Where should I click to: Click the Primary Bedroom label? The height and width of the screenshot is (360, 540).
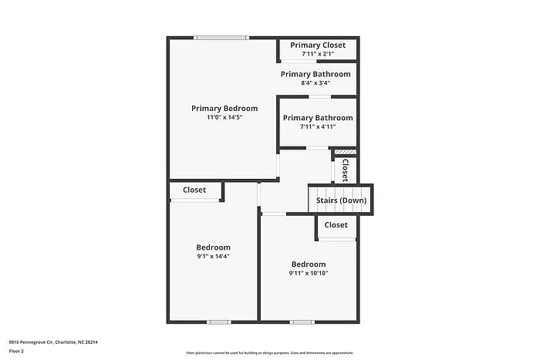click(x=224, y=108)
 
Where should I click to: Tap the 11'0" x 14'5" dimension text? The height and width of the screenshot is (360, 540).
click(x=224, y=118)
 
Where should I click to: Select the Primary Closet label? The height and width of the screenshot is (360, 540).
click(x=318, y=45)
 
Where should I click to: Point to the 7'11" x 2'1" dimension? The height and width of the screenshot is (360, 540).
click(x=318, y=54)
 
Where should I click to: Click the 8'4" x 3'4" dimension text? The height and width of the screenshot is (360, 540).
click(x=316, y=83)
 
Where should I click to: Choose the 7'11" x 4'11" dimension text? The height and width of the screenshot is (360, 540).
click(x=317, y=127)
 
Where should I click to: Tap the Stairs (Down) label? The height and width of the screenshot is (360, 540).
click(x=341, y=200)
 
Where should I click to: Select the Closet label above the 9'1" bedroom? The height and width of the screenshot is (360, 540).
click(x=194, y=190)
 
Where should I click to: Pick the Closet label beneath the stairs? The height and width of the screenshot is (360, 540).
click(x=336, y=225)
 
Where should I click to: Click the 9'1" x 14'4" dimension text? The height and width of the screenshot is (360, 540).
click(x=214, y=257)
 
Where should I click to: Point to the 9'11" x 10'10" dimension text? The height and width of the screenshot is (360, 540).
click(x=309, y=273)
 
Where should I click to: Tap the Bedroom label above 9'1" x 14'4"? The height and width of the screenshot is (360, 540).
click(x=214, y=247)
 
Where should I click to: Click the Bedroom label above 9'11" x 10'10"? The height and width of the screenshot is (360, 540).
click(x=309, y=264)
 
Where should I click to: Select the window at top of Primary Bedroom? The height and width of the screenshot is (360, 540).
click(x=221, y=37)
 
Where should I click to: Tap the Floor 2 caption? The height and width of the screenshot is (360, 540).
click(x=16, y=351)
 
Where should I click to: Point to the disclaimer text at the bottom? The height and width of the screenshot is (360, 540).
click(x=269, y=352)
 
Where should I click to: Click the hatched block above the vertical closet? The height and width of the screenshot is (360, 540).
click(x=345, y=152)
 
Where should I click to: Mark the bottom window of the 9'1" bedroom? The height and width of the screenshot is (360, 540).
click(x=219, y=321)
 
